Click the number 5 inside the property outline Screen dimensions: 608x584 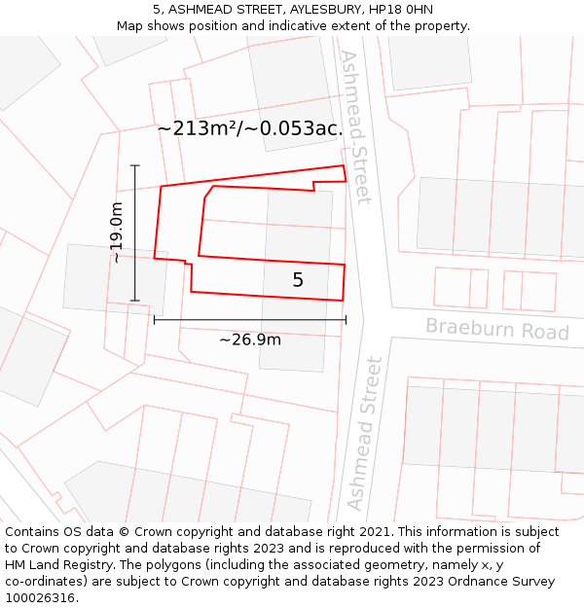click(298, 280)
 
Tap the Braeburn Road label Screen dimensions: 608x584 click(496, 329)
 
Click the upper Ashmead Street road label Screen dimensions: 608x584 click(355, 127)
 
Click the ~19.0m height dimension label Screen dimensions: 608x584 click(117, 232)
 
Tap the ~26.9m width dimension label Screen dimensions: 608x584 click(249, 340)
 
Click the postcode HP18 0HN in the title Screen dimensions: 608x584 click(399, 10)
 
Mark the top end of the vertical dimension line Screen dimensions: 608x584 click(134, 165)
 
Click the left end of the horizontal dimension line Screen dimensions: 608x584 click(154, 319)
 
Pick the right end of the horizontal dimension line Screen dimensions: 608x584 click(346, 319)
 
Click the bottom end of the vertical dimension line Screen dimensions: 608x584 click(134, 301)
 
